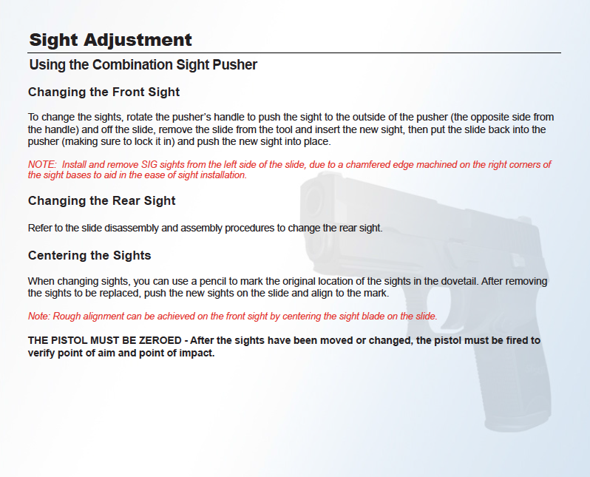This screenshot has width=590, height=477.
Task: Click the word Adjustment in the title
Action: [138, 41]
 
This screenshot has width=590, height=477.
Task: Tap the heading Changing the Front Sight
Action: [104, 92]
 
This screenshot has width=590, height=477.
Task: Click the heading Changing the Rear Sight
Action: [101, 200]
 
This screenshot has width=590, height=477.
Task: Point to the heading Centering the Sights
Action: [89, 255]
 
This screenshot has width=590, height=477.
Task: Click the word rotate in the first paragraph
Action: [139, 117]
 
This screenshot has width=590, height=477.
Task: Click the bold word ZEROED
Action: [160, 340]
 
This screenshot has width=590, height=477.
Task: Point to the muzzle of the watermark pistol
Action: [313, 200]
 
